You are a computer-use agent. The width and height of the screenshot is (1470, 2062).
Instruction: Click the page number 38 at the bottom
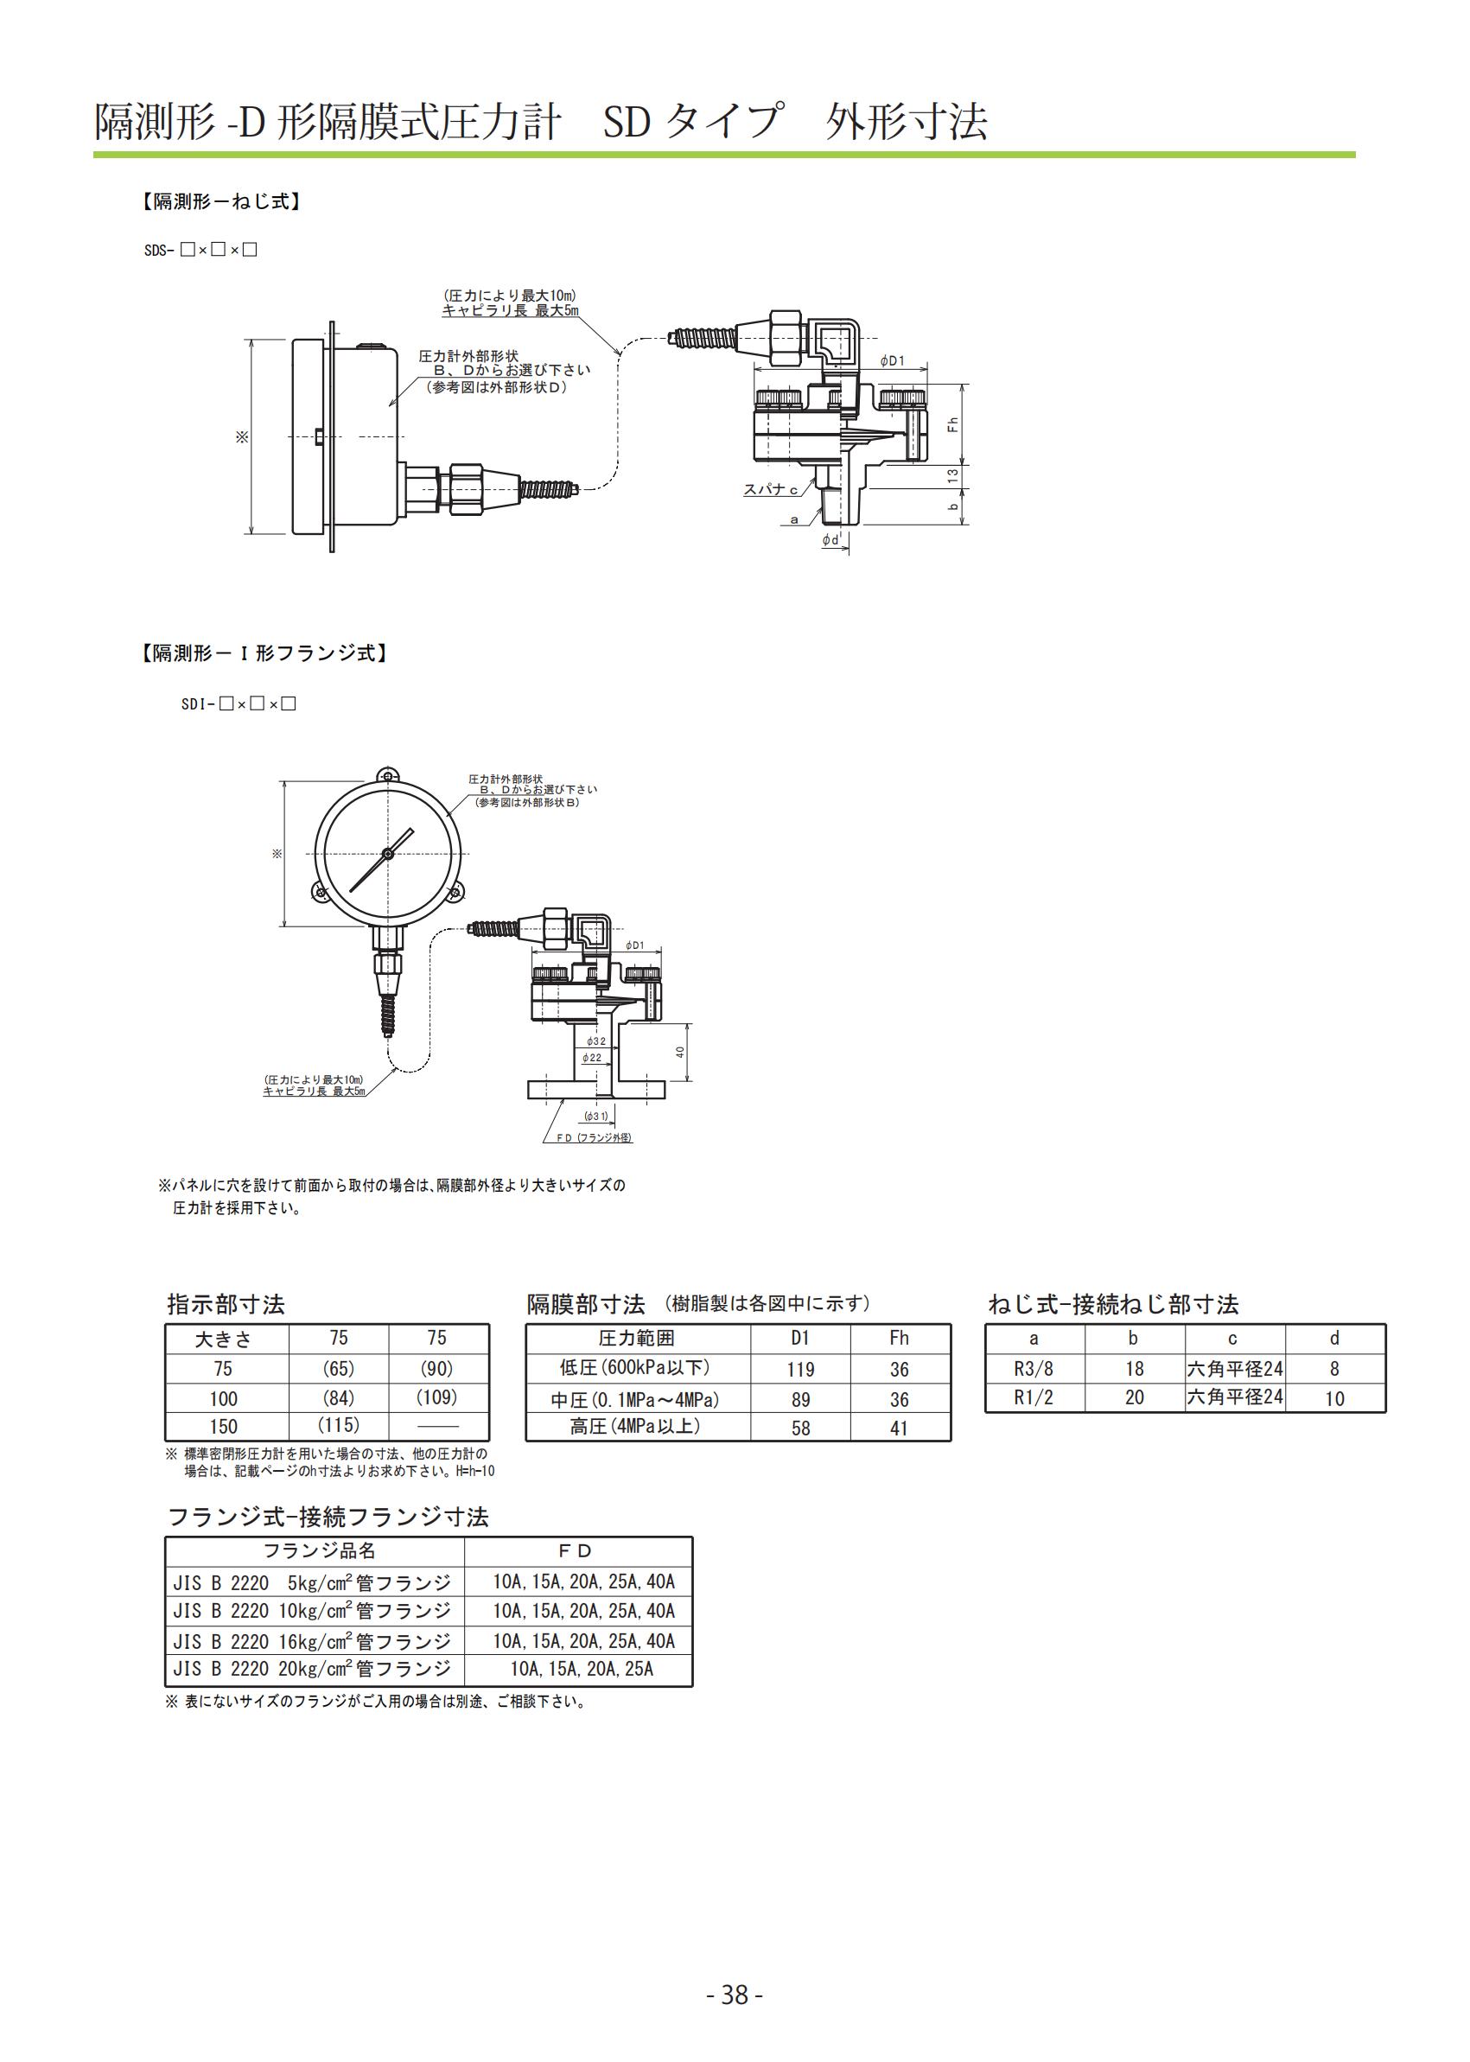[x=734, y=1994]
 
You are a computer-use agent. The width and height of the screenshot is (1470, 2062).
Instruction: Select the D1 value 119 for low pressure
[x=800, y=1370]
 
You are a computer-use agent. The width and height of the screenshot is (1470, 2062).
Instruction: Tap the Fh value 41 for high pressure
[x=899, y=1428]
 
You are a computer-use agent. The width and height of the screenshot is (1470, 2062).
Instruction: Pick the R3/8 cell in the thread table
[x=1034, y=1369]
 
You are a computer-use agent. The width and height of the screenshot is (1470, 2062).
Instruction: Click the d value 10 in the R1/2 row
[x=1334, y=1398]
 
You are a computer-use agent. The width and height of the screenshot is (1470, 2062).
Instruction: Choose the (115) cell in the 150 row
[x=339, y=1425]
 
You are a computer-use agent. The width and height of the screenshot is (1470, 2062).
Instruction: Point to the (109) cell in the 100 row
[x=437, y=1397]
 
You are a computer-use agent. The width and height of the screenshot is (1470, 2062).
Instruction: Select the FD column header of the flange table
[x=576, y=1550]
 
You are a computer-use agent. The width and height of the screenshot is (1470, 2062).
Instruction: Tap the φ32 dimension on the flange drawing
[x=595, y=1041]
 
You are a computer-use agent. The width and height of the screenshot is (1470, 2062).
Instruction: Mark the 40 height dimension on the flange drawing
[x=680, y=1052]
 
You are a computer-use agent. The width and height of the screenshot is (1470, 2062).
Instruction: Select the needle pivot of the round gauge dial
[x=387, y=854]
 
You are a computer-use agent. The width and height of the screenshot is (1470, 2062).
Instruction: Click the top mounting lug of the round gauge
[x=387, y=777]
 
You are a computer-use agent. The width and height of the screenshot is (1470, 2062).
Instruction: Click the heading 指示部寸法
[x=226, y=1304]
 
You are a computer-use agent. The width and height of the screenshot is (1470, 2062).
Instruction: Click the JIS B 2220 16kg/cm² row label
[x=311, y=1641]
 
